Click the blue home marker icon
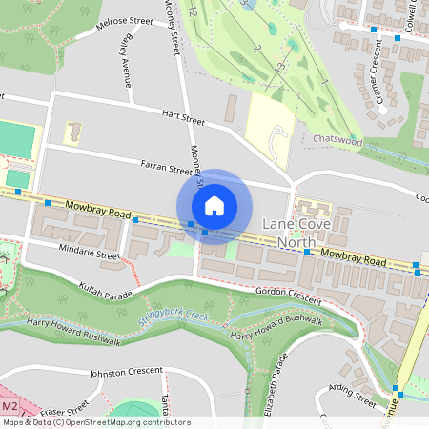pyautogui.click(x=214, y=206)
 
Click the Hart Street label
pyautogui.click(x=183, y=120)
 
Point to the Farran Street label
pyautogui.click(x=166, y=170)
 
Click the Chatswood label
pyautogui.click(x=338, y=139)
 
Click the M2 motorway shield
pyautogui.click(x=10, y=391)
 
